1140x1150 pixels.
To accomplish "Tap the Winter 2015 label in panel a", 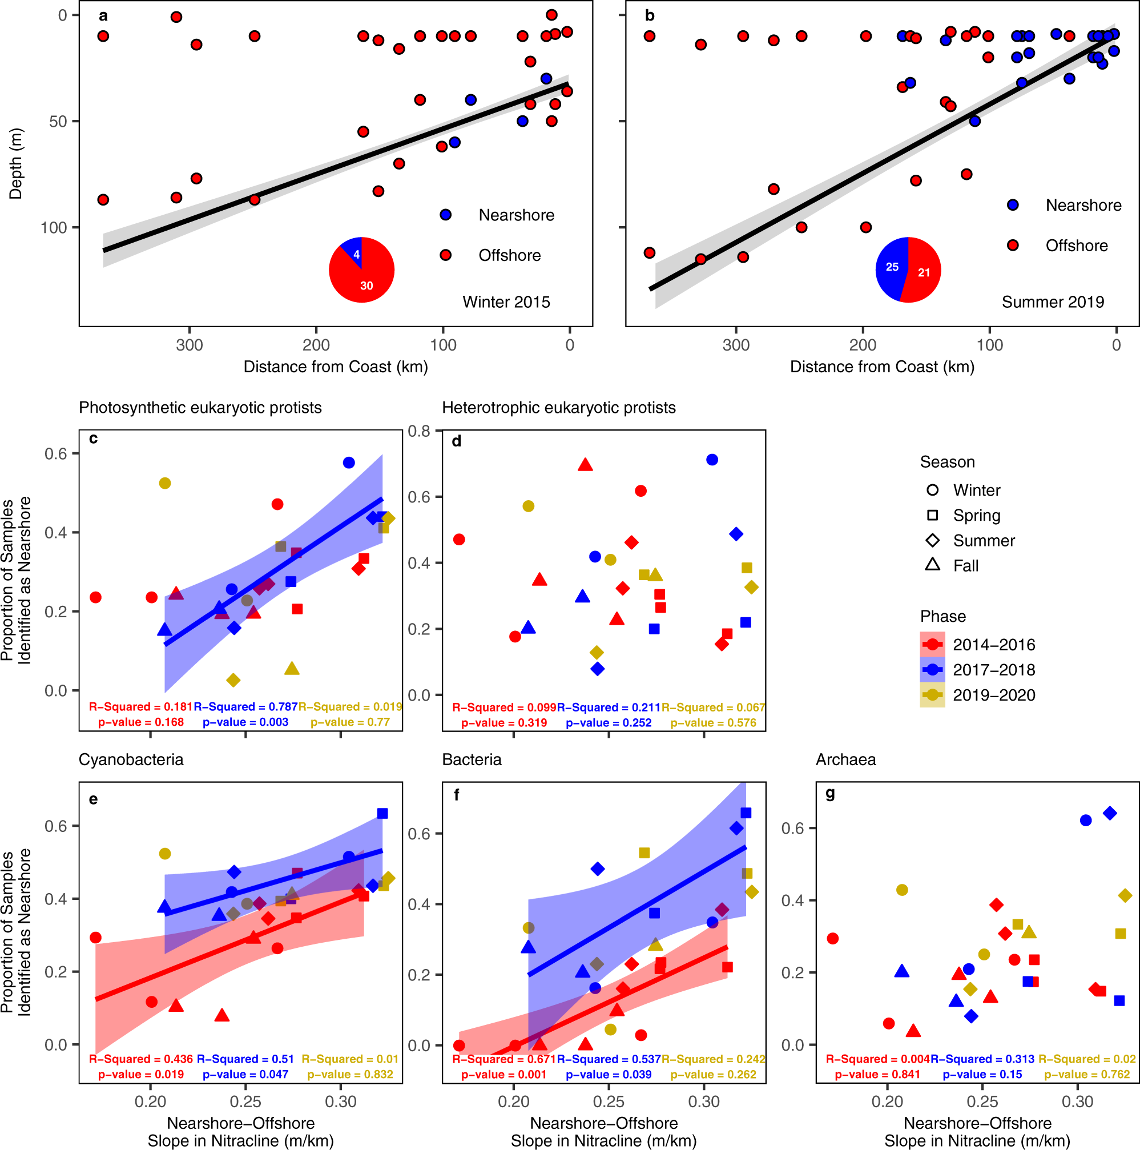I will pos(506,302).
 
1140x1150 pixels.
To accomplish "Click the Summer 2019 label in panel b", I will pos(1052,302).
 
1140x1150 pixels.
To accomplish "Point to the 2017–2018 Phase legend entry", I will pos(993,670).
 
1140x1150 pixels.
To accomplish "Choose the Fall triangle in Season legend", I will pos(932,564).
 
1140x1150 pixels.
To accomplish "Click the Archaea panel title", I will pos(845,759).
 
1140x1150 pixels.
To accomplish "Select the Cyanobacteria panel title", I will pos(131,759).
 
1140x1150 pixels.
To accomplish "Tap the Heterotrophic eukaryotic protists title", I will pos(558,408).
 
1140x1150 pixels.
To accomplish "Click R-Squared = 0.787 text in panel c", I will pos(245,706).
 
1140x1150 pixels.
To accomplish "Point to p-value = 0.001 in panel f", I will pos(503,1075).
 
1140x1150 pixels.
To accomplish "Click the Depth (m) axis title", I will pos(15,164).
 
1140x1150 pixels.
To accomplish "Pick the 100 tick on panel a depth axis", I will pos(54,228).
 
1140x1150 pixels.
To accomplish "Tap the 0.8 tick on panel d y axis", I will pos(419,431).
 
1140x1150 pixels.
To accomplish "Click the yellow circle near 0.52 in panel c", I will pos(165,483).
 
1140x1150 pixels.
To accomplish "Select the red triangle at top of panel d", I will pos(585,465).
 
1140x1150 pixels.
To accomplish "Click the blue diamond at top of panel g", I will pos(1109,813).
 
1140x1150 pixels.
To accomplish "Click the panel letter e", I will pos(94,799).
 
